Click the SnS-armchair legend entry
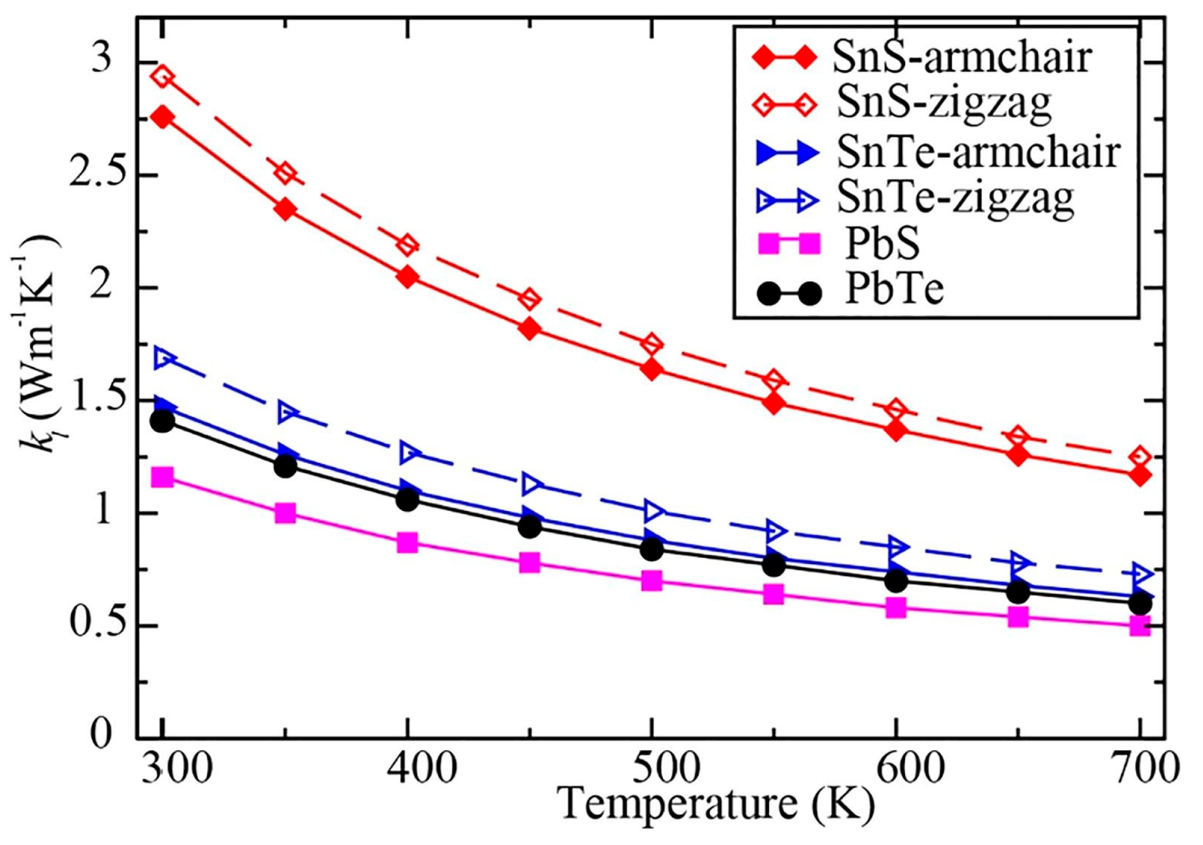(962, 58)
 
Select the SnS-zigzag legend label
(943, 104)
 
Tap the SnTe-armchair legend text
(977, 152)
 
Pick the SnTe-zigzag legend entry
(955, 198)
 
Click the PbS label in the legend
(882, 244)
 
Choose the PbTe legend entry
(894, 291)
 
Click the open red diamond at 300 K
(162, 77)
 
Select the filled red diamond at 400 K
(408, 277)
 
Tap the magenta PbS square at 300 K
(162, 478)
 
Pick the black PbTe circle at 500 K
(652, 549)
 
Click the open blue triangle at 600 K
(896, 546)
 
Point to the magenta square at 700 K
(1140, 626)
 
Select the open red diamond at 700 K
(1140, 457)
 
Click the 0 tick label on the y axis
(101, 734)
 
